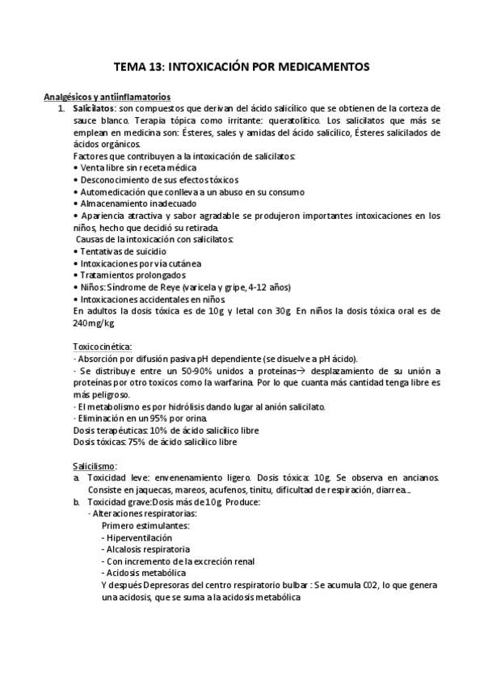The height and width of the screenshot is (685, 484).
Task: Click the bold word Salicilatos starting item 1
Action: click(94, 108)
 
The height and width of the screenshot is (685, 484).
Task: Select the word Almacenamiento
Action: click(115, 204)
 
